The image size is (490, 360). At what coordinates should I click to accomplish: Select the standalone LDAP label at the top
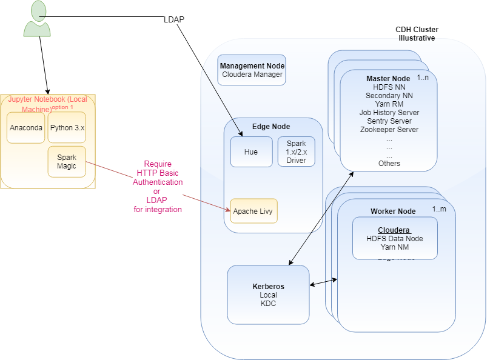pyautogui.click(x=174, y=20)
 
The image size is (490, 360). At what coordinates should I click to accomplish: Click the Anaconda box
pyautogui.click(x=25, y=128)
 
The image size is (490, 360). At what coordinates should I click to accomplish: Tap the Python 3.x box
pyautogui.click(x=67, y=128)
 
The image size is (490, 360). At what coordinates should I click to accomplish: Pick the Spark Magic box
pyautogui.click(x=67, y=162)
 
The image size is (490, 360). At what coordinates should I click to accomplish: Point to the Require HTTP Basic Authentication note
pyautogui.click(x=158, y=187)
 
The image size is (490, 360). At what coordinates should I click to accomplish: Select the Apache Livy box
pyautogui.click(x=253, y=211)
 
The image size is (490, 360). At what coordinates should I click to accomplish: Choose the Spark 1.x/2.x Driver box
pyautogui.click(x=296, y=152)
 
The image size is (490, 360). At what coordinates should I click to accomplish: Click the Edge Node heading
pyautogui.click(x=271, y=127)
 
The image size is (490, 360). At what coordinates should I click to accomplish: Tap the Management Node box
pyautogui.click(x=252, y=70)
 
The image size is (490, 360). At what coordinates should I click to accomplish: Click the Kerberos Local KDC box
pyautogui.click(x=268, y=295)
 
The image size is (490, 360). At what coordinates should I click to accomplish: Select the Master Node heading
pyautogui.click(x=388, y=79)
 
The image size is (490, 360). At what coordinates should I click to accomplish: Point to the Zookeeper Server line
pyautogui.click(x=389, y=129)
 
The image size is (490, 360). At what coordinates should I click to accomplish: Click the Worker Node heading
pyautogui.click(x=393, y=211)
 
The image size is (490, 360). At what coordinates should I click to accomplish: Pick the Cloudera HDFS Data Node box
pyautogui.click(x=394, y=238)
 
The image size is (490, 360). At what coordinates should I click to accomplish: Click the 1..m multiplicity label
pyautogui.click(x=440, y=209)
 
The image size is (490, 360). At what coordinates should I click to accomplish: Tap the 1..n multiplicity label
pyautogui.click(x=422, y=78)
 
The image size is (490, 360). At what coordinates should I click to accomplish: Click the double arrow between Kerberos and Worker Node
pyautogui.click(x=323, y=282)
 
